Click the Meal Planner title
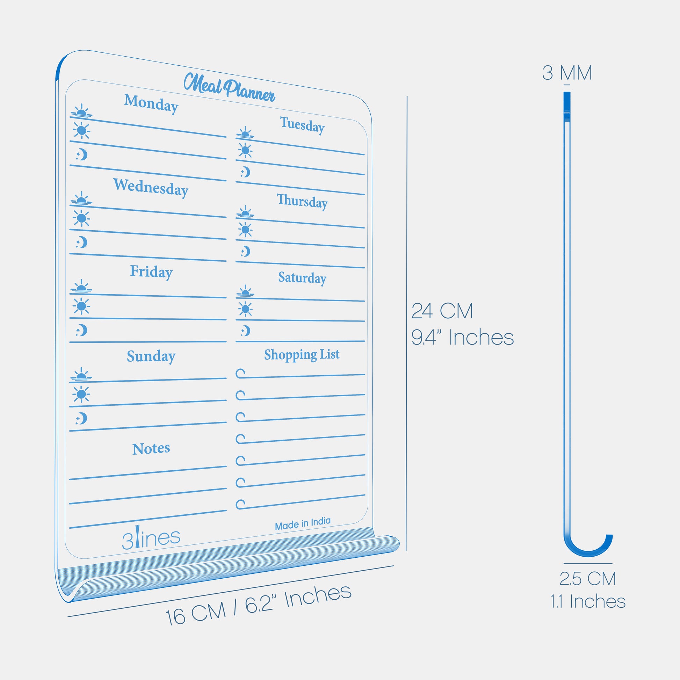229,87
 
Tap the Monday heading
151,103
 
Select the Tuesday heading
302,125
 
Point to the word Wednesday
151,187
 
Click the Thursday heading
302,201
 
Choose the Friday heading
151,272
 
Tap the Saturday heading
302,278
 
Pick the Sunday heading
151,356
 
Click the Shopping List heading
302,354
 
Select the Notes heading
151,449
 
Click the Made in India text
303,523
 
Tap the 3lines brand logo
151,538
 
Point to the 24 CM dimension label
442,311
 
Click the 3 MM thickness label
567,73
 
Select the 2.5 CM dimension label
587,579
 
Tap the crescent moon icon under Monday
82,154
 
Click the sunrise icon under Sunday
81,375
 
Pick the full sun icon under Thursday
245,230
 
